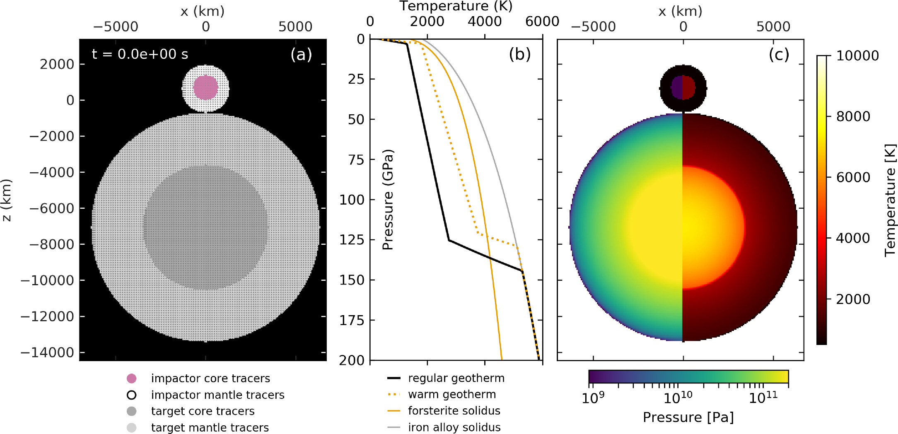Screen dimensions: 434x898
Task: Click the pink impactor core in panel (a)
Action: click(x=205, y=87)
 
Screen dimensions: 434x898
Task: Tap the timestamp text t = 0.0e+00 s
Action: click(x=140, y=54)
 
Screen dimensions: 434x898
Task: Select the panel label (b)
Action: click(x=519, y=54)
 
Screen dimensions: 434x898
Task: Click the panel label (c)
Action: click(x=778, y=54)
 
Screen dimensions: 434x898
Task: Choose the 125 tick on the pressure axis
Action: click(x=352, y=239)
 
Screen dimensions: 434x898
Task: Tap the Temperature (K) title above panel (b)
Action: click(x=456, y=6)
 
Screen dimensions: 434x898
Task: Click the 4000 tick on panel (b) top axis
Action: click(x=484, y=21)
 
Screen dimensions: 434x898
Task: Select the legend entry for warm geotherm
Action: click(x=451, y=394)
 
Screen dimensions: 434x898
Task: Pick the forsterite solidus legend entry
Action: click(x=454, y=411)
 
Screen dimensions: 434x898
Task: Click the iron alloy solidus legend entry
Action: click(x=454, y=427)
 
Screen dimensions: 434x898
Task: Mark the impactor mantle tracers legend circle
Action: click(x=131, y=395)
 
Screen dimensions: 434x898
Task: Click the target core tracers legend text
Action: click(x=203, y=411)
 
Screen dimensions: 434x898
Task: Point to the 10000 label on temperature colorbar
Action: click(x=857, y=55)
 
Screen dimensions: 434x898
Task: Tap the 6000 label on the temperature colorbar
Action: click(x=853, y=177)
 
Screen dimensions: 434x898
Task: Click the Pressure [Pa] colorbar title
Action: click(x=688, y=417)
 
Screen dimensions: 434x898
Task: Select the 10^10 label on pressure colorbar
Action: click(x=678, y=398)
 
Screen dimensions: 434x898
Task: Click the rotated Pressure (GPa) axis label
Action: click(x=388, y=200)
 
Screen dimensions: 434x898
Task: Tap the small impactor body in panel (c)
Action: click(x=683, y=88)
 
